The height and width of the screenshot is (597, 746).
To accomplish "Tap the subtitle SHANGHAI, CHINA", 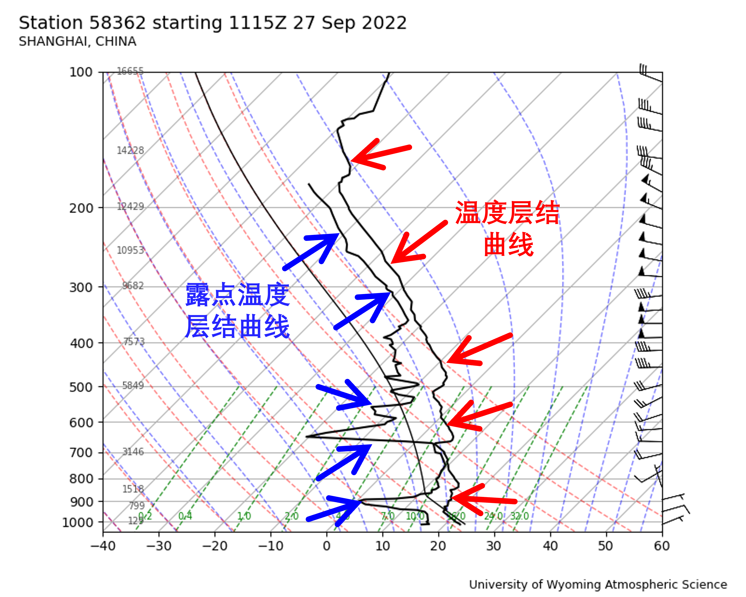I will (x=77, y=41).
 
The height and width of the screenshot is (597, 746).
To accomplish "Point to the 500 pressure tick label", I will (x=81, y=387).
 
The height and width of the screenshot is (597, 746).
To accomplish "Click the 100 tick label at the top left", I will (x=81, y=72).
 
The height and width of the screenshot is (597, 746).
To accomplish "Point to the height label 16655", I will (x=130, y=71).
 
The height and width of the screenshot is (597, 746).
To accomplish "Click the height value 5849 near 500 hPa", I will (x=133, y=385).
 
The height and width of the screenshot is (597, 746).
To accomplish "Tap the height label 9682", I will (x=133, y=286).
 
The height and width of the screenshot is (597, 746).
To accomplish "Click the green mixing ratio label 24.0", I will (x=493, y=516).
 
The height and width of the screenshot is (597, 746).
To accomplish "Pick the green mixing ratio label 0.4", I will (x=185, y=516).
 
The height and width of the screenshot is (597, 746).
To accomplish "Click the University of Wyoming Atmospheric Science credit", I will (x=598, y=584).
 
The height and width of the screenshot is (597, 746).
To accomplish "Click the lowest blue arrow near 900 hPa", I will (x=334, y=510).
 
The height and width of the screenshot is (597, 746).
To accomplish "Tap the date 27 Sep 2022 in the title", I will (x=349, y=23).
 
